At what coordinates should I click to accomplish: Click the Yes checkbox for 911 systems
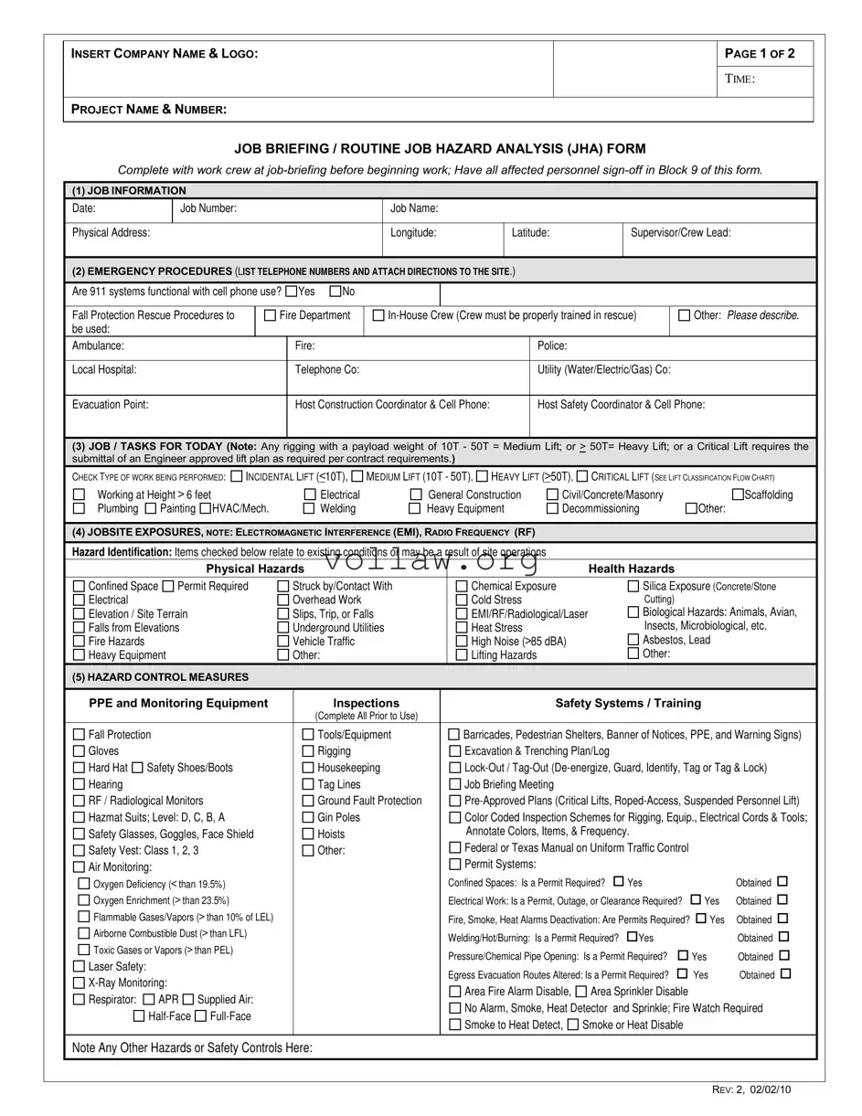(x=291, y=292)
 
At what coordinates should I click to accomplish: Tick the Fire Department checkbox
(x=270, y=316)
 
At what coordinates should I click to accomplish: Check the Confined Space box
(x=79, y=587)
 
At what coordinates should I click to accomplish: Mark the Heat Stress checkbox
(x=462, y=628)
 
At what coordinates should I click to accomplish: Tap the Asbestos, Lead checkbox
(x=633, y=640)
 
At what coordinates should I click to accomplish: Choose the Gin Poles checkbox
(x=308, y=817)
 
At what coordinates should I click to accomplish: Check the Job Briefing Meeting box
(x=454, y=784)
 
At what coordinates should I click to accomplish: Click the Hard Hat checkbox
(x=79, y=768)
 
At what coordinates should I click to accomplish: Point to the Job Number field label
(x=208, y=208)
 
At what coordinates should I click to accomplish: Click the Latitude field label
(x=530, y=233)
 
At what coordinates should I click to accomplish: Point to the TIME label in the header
(x=740, y=80)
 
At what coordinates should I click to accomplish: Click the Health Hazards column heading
(x=632, y=569)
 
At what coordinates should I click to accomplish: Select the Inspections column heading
(x=366, y=704)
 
